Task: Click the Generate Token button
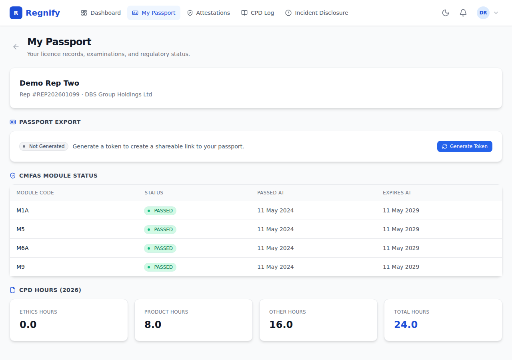pyautogui.click(x=464, y=146)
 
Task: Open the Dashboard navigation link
pyautogui.click(x=101, y=13)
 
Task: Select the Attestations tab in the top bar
pyautogui.click(x=208, y=13)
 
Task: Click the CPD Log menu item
pyautogui.click(x=258, y=13)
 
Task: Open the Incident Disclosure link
pyautogui.click(x=316, y=13)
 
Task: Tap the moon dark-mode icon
pyautogui.click(x=445, y=13)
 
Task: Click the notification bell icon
pyautogui.click(x=463, y=13)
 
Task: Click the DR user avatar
pyautogui.click(x=483, y=13)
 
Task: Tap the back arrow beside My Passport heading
pyautogui.click(x=16, y=47)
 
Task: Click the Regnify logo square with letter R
pyautogui.click(x=16, y=13)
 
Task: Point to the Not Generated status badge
pyautogui.click(x=44, y=146)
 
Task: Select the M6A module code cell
pyautogui.click(x=22, y=248)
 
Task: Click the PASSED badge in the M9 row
pyautogui.click(x=160, y=267)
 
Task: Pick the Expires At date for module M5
pyautogui.click(x=401, y=229)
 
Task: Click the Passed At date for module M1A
pyautogui.click(x=276, y=210)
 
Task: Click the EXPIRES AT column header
pyautogui.click(x=397, y=193)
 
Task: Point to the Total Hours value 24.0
pyautogui.click(x=406, y=324)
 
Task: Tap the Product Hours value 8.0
pyautogui.click(x=153, y=324)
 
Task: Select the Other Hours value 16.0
pyautogui.click(x=281, y=324)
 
